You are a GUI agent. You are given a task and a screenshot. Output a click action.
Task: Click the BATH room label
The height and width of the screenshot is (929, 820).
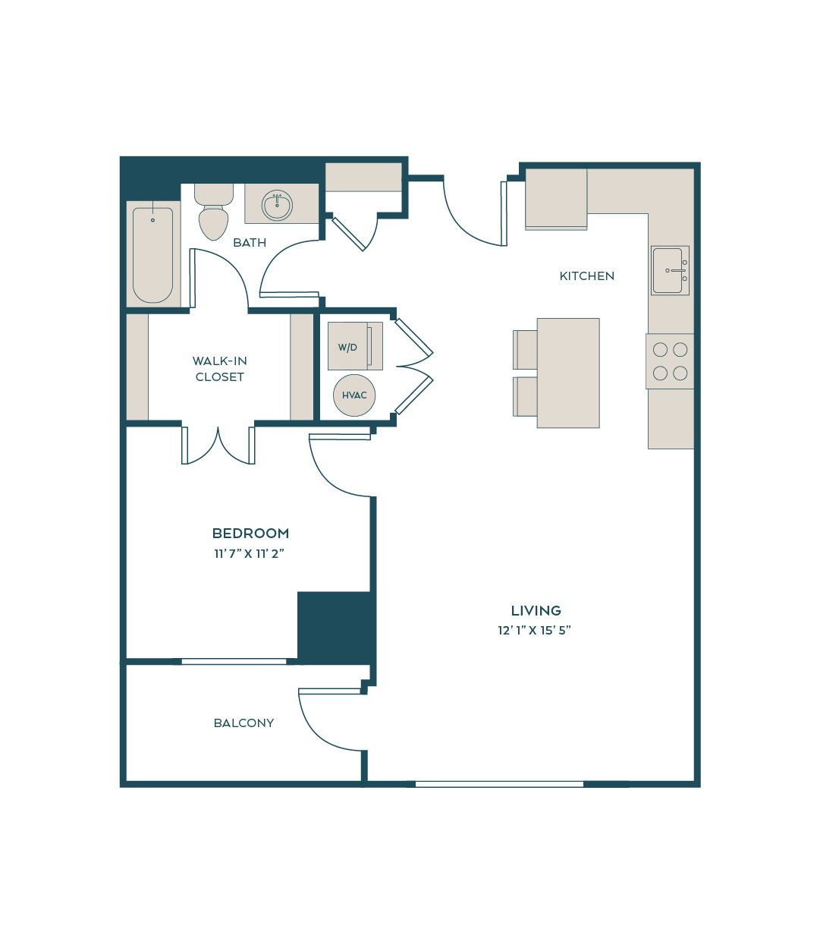250,243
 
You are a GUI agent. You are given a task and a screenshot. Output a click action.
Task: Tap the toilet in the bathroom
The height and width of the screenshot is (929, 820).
214,212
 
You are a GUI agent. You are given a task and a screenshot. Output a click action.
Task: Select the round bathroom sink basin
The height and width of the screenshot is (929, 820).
277,206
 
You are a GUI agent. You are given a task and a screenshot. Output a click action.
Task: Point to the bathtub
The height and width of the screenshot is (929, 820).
152,255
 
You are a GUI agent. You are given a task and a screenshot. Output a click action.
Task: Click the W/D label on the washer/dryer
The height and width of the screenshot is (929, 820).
347,348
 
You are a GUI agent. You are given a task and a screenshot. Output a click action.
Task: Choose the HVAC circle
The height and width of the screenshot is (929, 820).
353,395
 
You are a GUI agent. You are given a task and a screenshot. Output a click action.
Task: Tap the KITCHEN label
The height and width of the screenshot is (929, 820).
586,276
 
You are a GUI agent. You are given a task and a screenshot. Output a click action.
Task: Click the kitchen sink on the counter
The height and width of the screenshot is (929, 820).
670,270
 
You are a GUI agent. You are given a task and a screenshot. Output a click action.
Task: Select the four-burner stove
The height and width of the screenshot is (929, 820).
670,361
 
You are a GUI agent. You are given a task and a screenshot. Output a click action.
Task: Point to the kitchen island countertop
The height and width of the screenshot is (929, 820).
568,373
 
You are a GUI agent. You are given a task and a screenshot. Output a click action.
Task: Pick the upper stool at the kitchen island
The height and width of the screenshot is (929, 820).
525,350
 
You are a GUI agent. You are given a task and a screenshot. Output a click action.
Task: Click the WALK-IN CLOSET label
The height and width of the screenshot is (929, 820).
219,369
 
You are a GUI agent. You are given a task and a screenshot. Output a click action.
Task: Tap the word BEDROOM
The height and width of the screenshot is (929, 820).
251,534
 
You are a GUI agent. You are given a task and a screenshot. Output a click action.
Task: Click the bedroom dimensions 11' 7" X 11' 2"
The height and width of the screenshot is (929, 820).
250,554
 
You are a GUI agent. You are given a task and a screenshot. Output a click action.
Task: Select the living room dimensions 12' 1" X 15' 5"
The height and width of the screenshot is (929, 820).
535,631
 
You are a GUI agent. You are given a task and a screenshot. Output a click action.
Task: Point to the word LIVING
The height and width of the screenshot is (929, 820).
536,611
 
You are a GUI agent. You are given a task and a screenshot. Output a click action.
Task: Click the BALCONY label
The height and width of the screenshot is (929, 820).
243,723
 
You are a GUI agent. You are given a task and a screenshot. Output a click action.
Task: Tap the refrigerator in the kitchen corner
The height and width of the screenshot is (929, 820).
556,199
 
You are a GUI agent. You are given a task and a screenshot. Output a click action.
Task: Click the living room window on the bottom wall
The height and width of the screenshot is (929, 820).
499,785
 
